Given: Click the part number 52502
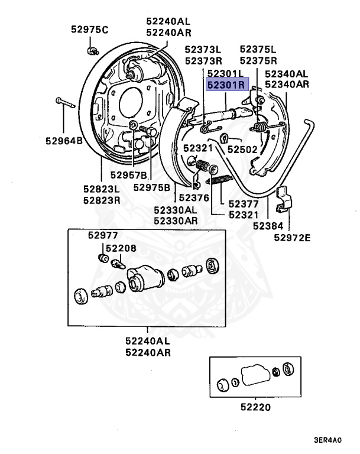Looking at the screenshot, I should pos(242,150).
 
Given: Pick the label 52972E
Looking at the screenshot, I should pos(292,238).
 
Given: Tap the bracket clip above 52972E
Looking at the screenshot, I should pos(285,196).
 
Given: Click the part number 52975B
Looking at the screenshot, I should pos(152,187).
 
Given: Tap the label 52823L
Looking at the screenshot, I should pos(101,190).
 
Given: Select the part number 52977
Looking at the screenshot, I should pos(103,235).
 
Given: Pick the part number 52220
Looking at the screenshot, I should pos(255,407).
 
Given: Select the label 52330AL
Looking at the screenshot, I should pos(176,210).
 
